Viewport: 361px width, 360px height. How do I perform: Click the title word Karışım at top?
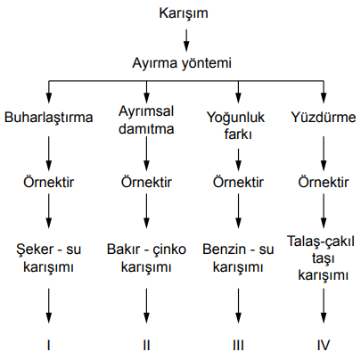click(x=184, y=14)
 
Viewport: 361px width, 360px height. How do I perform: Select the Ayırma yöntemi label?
click(x=182, y=63)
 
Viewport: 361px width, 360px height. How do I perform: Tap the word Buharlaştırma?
click(x=48, y=118)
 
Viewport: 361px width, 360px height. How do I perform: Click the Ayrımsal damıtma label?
click(x=146, y=120)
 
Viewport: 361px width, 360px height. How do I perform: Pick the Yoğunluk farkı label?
click(x=235, y=126)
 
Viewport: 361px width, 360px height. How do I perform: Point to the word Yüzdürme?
click(x=324, y=118)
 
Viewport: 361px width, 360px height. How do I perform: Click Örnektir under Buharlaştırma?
click(x=49, y=182)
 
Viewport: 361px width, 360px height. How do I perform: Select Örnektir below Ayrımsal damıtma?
click(x=146, y=182)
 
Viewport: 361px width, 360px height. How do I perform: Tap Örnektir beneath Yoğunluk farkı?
click(x=238, y=182)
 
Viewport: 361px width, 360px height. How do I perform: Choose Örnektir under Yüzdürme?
click(x=324, y=182)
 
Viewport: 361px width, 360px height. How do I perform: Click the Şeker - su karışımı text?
click(x=48, y=258)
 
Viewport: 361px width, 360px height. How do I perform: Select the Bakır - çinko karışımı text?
click(x=146, y=258)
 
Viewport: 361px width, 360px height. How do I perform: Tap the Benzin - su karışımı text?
click(x=238, y=258)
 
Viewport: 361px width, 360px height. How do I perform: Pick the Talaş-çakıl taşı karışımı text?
click(x=321, y=258)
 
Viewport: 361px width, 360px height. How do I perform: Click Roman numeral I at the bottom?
click(x=48, y=345)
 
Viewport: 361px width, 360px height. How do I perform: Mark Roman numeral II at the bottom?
click(x=146, y=345)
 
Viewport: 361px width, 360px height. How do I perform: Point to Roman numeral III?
click(x=238, y=345)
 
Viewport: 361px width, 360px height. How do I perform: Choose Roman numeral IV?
click(x=324, y=345)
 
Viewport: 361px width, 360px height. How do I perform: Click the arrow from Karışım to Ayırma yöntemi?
click(x=186, y=40)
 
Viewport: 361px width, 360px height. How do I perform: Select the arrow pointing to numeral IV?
click(x=324, y=306)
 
